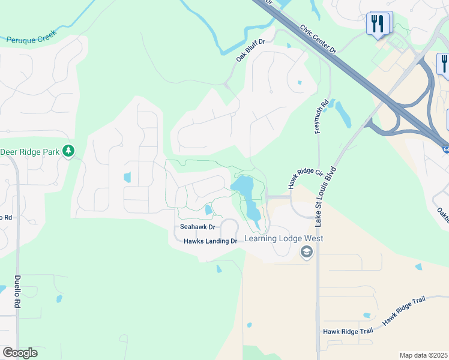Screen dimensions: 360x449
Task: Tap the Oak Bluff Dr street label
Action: point(250,47)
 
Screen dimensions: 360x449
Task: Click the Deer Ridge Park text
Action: point(30,152)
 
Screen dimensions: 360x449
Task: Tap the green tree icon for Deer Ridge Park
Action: point(70,150)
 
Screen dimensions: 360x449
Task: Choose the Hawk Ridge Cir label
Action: point(302,178)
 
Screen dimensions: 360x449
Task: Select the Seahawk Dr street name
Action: point(197,227)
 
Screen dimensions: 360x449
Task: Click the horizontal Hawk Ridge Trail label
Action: point(348,331)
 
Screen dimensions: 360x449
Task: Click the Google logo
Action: point(20,353)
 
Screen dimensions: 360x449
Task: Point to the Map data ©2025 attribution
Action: point(423,355)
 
